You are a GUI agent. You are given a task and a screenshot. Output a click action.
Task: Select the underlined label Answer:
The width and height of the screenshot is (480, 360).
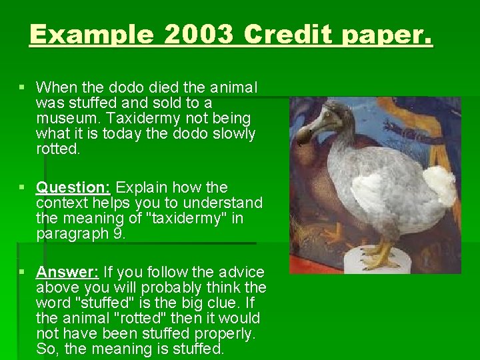pos(67,272)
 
